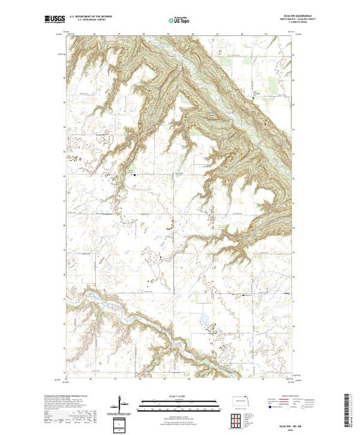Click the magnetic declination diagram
click(122, 402)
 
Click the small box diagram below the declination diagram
click(122, 423)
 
